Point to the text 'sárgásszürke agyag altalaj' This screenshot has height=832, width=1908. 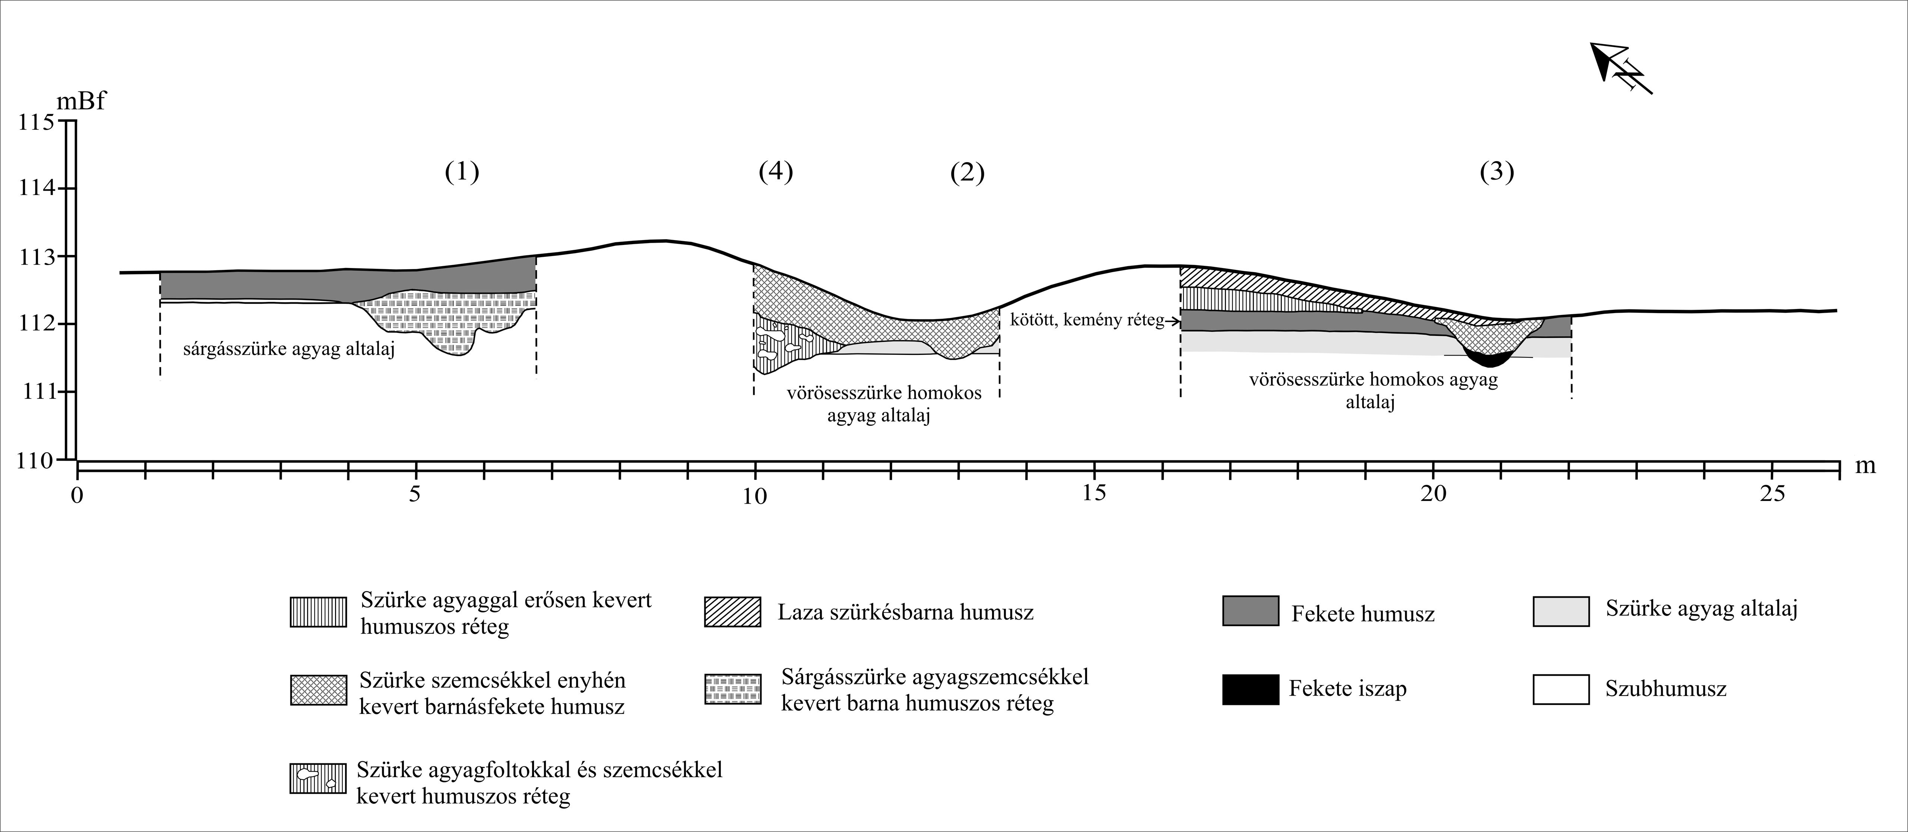(x=289, y=349)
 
